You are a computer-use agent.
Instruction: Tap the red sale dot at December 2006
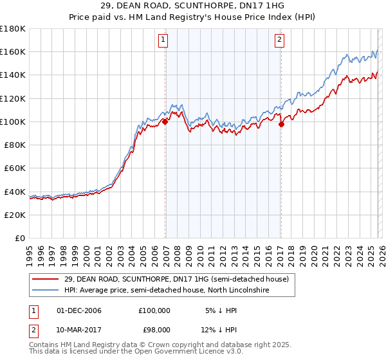(x=165, y=122)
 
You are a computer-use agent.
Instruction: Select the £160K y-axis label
(x=13, y=51)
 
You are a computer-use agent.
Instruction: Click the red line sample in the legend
(x=46, y=279)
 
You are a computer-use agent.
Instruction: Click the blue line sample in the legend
(x=46, y=291)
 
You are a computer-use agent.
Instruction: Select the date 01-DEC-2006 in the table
(x=78, y=310)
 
